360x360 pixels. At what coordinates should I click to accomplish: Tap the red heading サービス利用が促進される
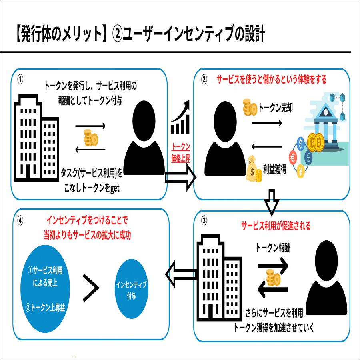(x=276, y=226)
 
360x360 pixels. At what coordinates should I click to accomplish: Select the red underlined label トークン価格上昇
(x=180, y=152)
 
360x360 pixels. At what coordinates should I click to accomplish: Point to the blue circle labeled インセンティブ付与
(x=131, y=289)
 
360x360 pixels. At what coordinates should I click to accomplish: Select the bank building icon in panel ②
(x=325, y=122)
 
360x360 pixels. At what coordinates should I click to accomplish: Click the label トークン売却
(x=276, y=108)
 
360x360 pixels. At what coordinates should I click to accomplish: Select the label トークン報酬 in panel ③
(x=273, y=248)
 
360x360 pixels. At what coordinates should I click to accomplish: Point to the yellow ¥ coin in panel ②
(x=301, y=171)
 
